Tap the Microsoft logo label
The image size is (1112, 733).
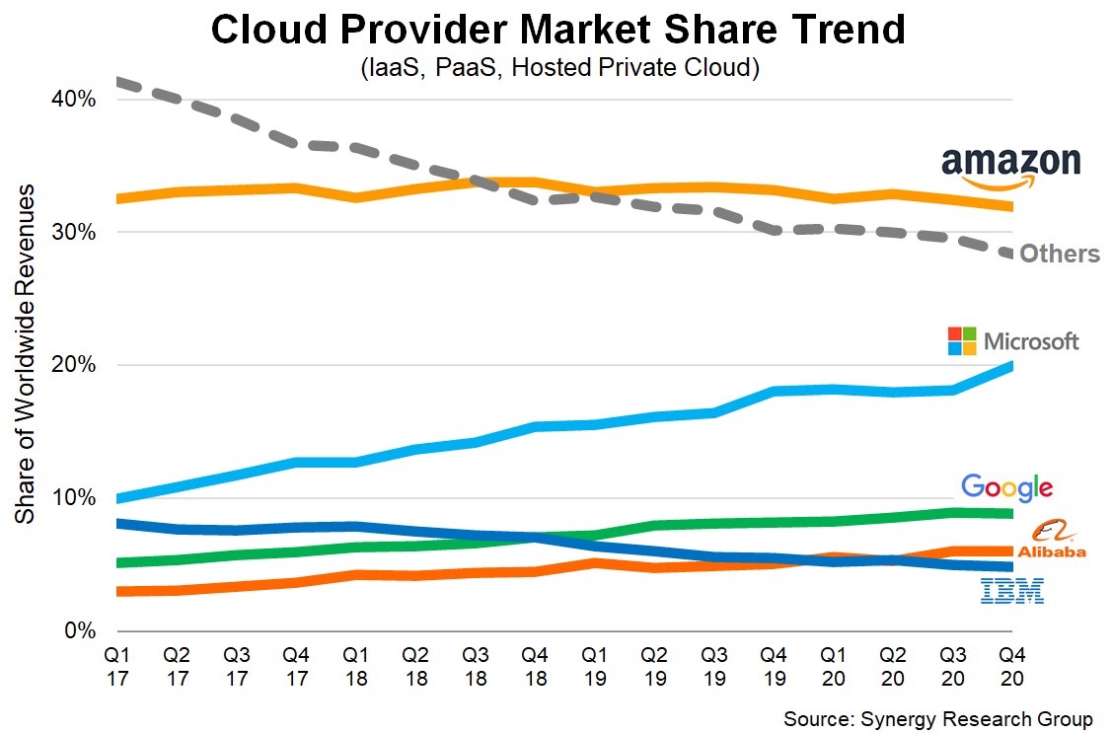pyautogui.click(x=1013, y=341)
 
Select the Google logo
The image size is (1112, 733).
pyautogui.click(x=1006, y=486)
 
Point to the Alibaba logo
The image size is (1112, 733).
pyautogui.click(x=1052, y=541)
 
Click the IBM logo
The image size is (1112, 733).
pyautogui.click(x=1011, y=591)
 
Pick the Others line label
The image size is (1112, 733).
pyautogui.click(x=1059, y=255)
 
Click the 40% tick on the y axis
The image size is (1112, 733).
pyautogui.click(x=73, y=100)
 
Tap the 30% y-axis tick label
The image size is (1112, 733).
pyautogui.click(x=73, y=233)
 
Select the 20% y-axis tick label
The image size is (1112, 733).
pyautogui.click(x=73, y=366)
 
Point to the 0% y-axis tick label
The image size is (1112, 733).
pyautogui.click(x=79, y=630)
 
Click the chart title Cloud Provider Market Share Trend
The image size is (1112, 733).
pyautogui.click(x=557, y=32)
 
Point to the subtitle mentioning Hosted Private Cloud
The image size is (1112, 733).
pyautogui.click(x=557, y=70)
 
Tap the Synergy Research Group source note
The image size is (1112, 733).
pyautogui.click(x=938, y=717)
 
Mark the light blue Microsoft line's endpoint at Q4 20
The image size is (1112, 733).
pyautogui.click(x=1009, y=366)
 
